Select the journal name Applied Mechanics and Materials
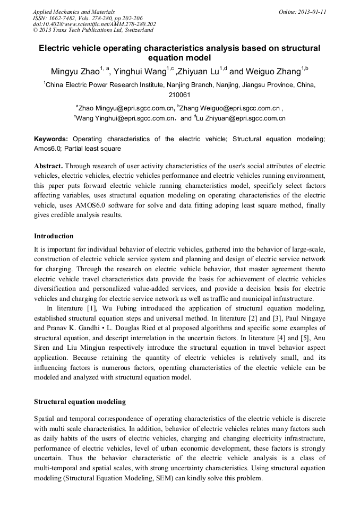tap(74, 12)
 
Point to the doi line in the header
tap(95, 24)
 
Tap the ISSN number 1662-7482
tap(64, 18)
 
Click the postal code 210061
tap(179, 95)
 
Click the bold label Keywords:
tap(51, 139)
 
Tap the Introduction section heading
tap(54, 236)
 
